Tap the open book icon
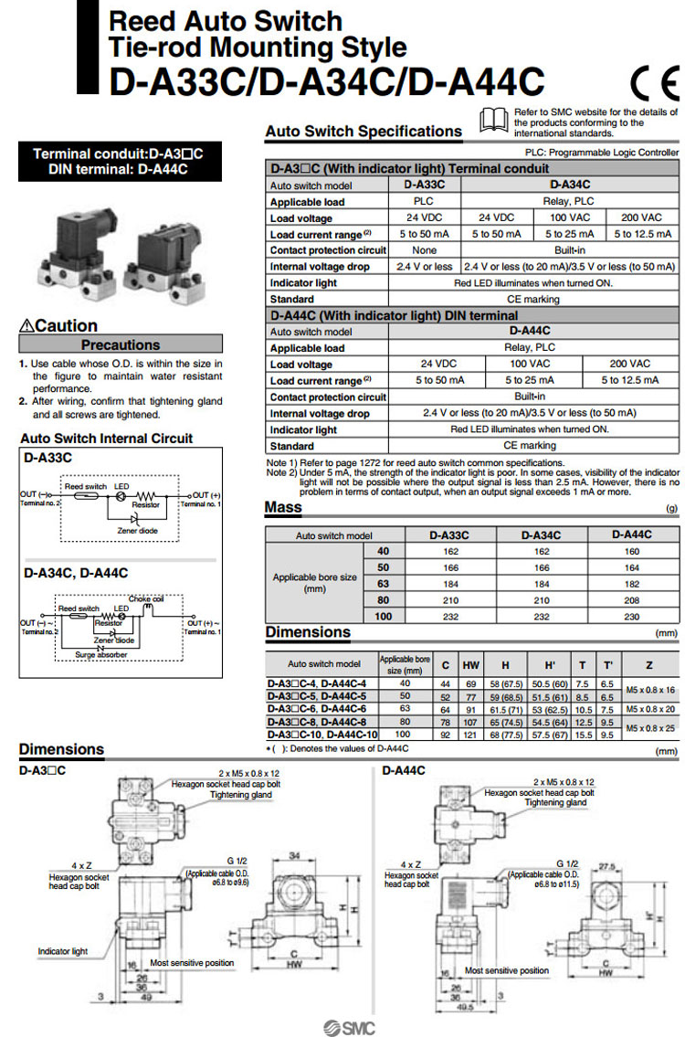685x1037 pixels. (x=493, y=119)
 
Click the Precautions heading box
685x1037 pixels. (x=120, y=345)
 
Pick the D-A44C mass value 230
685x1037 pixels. (x=631, y=617)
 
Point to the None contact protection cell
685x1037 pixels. (x=424, y=249)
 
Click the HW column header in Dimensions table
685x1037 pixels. (x=471, y=664)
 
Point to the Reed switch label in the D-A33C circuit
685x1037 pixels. (x=84, y=487)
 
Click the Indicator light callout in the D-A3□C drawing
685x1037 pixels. (x=63, y=951)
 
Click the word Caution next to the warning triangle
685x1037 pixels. (x=66, y=326)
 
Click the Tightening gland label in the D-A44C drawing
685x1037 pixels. (x=556, y=802)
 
